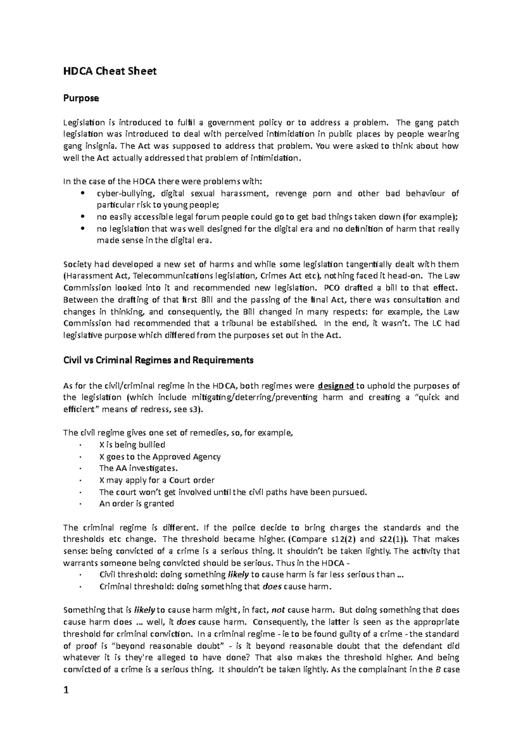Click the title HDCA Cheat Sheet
pyautogui.click(x=109, y=71)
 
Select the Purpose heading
pyautogui.click(x=81, y=98)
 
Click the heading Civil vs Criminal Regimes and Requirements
pyautogui.click(x=158, y=360)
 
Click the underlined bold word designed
pyautogui.click(x=336, y=386)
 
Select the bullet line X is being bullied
pyautogui.click(x=132, y=445)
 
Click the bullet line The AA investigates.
pyautogui.click(x=139, y=468)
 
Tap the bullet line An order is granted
pyautogui.click(x=136, y=503)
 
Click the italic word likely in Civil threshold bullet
pyautogui.click(x=239, y=574)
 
